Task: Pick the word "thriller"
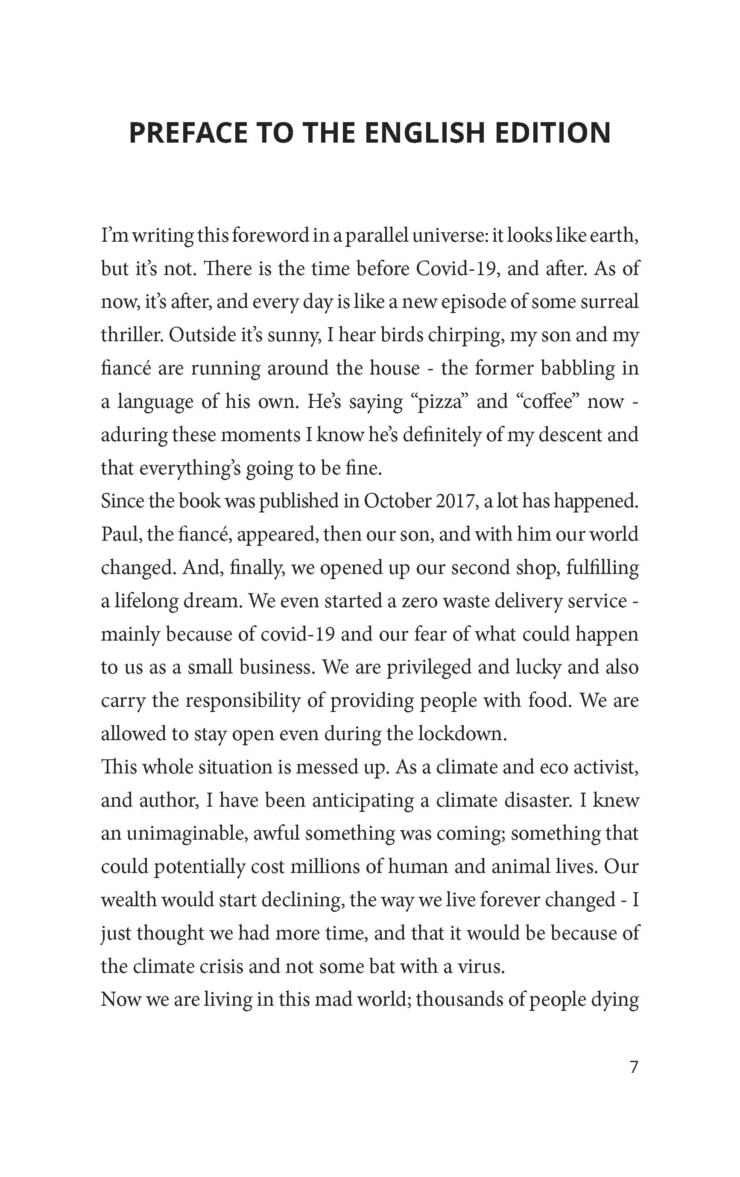(131, 335)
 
